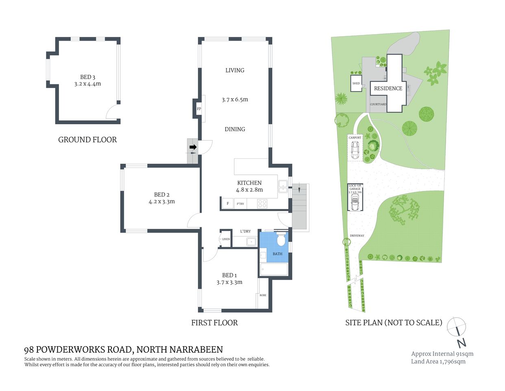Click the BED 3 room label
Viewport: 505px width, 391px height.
point(87,77)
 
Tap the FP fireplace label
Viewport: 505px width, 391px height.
point(199,109)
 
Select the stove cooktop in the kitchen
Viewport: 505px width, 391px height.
point(262,203)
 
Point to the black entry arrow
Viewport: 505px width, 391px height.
point(193,147)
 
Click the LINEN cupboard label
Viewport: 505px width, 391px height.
point(226,239)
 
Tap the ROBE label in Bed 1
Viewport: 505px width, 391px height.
point(263,295)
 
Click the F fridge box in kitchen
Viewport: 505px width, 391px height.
point(228,203)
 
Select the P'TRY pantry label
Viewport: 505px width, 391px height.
point(240,203)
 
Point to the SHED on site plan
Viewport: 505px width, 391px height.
point(356,83)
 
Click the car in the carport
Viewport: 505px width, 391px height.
point(355,151)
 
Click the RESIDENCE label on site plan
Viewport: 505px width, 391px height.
point(388,88)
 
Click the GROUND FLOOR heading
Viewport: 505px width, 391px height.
point(87,140)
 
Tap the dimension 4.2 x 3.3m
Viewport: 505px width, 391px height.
point(161,201)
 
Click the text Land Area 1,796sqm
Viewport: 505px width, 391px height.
point(438,361)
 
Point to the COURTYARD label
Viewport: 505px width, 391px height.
point(378,104)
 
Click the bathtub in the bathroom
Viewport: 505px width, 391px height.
point(274,269)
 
